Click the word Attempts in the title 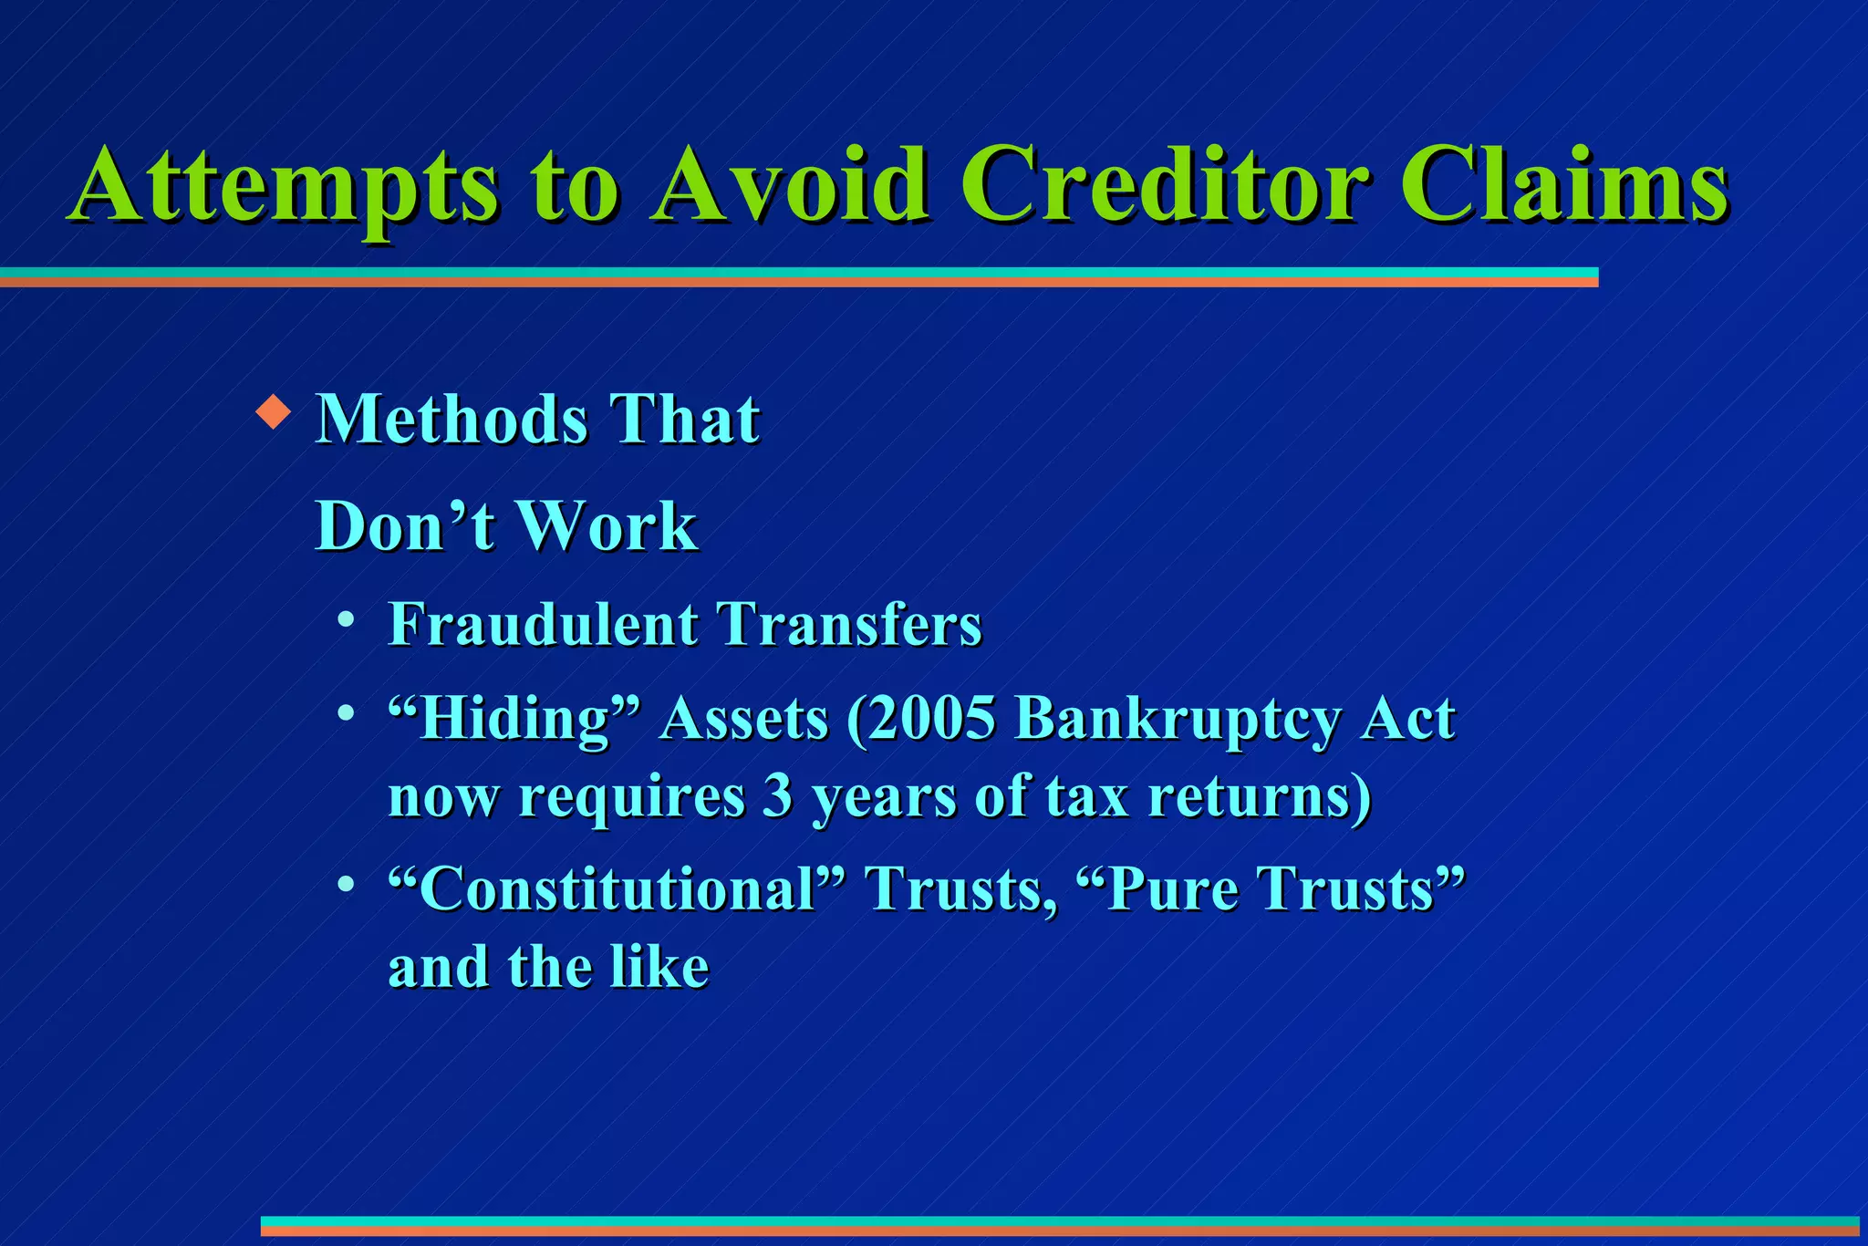(285, 187)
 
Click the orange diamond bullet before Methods (273, 413)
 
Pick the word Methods (451, 420)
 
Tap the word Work (608, 526)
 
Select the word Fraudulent (543, 625)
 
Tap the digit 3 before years (777, 796)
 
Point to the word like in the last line (659, 968)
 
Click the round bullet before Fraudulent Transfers (346, 620)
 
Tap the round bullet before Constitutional (346, 885)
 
